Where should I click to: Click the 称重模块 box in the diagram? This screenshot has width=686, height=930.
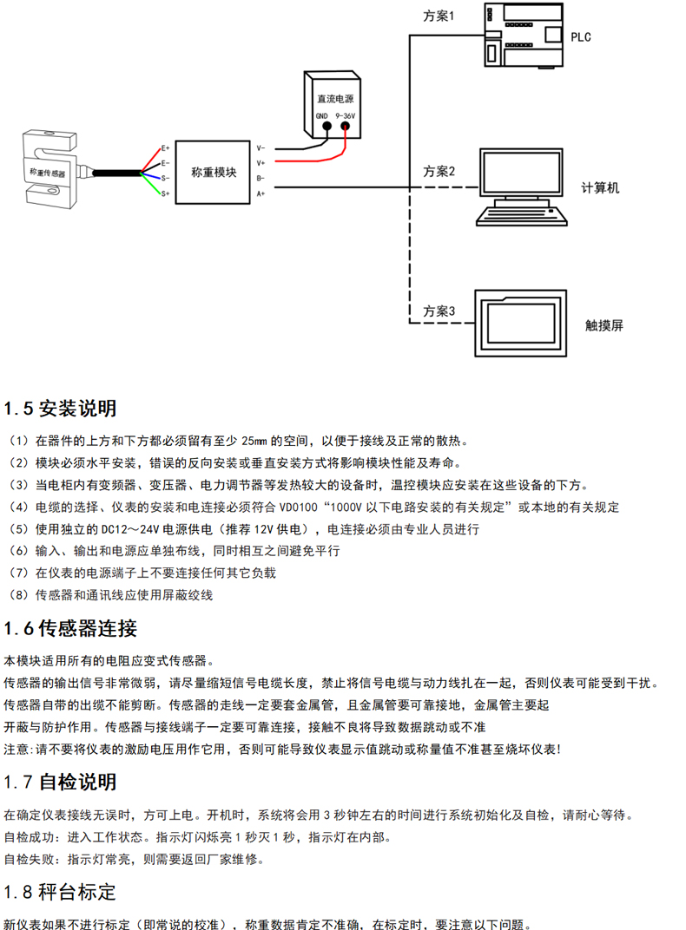click(214, 172)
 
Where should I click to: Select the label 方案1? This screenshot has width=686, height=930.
click(439, 16)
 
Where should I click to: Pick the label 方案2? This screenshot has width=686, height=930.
click(439, 171)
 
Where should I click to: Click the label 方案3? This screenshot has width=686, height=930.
click(439, 310)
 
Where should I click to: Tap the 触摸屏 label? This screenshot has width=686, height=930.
click(604, 326)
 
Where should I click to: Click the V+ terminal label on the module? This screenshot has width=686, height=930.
click(261, 162)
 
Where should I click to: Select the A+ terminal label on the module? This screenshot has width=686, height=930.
click(261, 193)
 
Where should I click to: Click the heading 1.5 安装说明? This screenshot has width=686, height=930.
click(60, 408)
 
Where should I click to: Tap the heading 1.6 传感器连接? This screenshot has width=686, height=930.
click(70, 628)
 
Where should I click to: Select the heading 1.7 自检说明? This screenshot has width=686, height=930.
click(60, 782)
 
